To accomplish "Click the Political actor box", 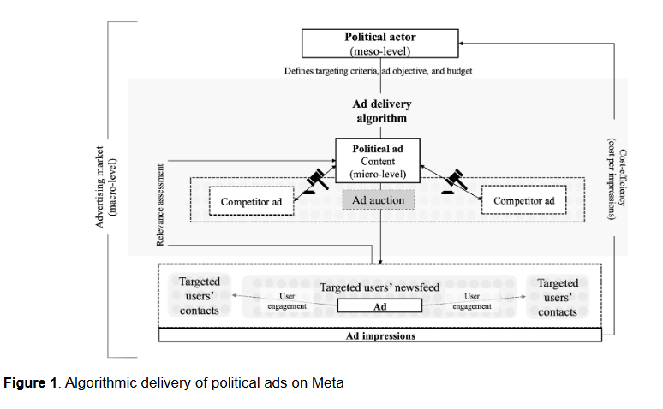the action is (x=379, y=44).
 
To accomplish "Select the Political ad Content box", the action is (x=378, y=161).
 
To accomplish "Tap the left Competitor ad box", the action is (x=251, y=201).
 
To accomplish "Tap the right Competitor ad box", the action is (x=524, y=200).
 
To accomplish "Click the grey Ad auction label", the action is (x=378, y=200).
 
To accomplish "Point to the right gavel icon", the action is (x=455, y=181).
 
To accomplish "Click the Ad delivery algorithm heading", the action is (x=382, y=110).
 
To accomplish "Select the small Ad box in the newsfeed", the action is (x=379, y=306).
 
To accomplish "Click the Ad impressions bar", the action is (x=380, y=335).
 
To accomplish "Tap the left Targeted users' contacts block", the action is (x=200, y=296).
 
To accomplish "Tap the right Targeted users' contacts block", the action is (x=558, y=297).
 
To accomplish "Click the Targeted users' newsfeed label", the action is (x=379, y=287).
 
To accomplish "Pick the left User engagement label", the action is (x=287, y=301).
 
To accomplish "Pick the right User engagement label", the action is (x=472, y=301).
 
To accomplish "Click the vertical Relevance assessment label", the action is (x=160, y=204).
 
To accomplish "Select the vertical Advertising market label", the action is (x=105, y=187).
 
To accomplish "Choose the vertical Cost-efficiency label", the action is (x=617, y=178).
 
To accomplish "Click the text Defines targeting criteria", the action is (x=331, y=71).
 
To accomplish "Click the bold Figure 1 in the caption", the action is (x=30, y=382).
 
